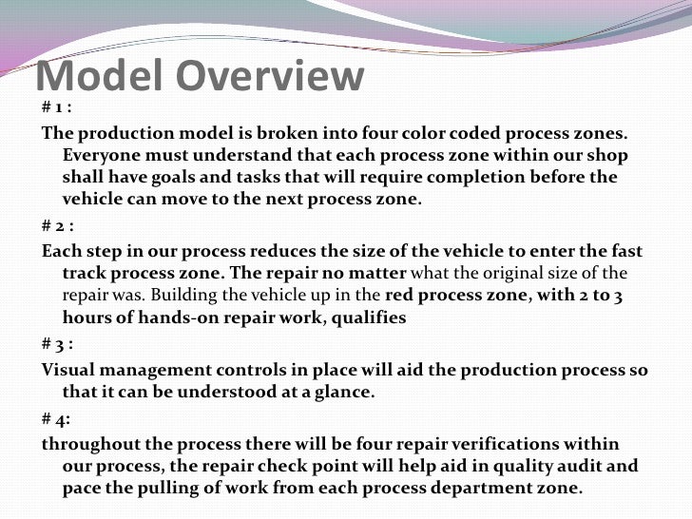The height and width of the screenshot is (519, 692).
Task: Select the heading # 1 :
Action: pyautogui.click(x=59, y=106)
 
